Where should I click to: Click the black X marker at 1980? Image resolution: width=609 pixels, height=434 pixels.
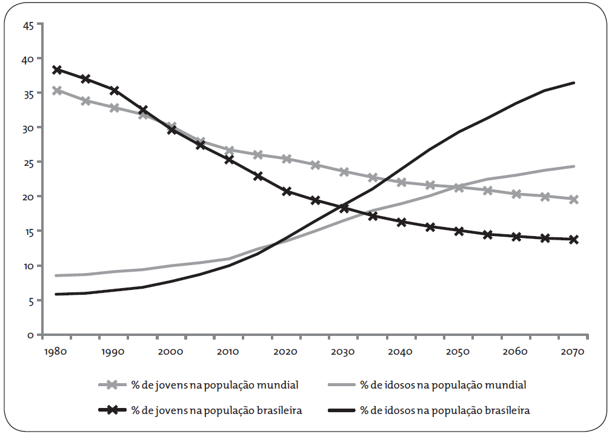58,70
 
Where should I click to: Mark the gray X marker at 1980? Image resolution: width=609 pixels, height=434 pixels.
58,91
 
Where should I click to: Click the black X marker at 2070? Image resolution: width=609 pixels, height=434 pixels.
573,240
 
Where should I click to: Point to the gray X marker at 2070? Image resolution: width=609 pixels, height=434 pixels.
573,199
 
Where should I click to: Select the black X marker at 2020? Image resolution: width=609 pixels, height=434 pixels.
287,191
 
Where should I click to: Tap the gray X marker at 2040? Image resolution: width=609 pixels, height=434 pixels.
401,182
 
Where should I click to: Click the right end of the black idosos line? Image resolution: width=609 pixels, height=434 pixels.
573,83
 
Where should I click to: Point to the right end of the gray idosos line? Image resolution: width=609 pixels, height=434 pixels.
573,166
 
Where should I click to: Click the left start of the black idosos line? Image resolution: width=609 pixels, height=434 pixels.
56,294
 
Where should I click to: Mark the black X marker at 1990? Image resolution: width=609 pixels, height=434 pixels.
115,90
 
